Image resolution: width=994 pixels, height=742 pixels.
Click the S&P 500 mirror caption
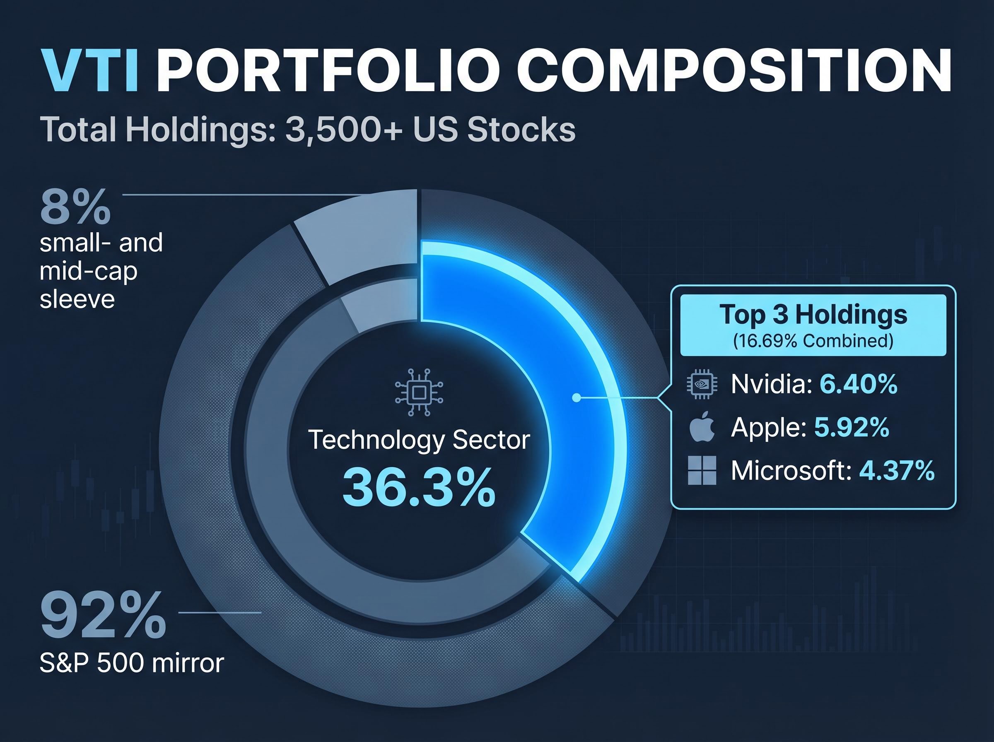pyautogui.click(x=132, y=663)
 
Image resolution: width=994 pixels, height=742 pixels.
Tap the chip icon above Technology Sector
pyautogui.click(x=419, y=393)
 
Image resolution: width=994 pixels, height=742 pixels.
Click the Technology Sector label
pyautogui.click(x=419, y=440)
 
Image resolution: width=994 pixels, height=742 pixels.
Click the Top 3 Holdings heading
pyautogui.click(x=813, y=314)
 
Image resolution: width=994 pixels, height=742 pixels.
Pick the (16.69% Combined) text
pyautogui.click(x=813, y=341)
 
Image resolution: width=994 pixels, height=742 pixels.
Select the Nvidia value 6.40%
pyautogui.click(x=858, y=385)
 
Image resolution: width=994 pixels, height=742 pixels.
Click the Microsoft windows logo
pyautogui.click(x=702, y=471)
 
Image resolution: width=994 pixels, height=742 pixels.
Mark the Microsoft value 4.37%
pyautogui.click(x=897, y=471)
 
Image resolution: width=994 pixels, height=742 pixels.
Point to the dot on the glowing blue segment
pyautogui.click(x=576, y=397)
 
